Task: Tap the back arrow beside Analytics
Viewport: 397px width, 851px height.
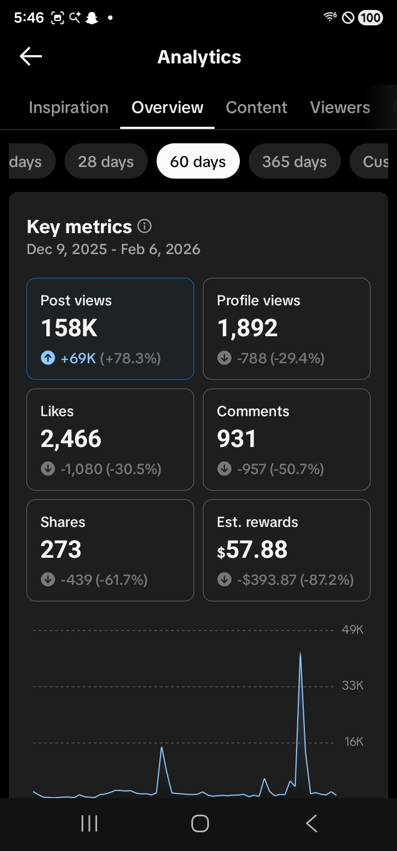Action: (x=30, y=56)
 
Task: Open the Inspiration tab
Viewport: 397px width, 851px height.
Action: (x=69, y=107)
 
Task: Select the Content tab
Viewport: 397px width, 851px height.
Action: (x=256, y=107)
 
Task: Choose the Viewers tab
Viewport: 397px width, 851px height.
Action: (x=340, y=107)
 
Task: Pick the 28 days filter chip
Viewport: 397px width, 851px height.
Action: (x=106, y=161)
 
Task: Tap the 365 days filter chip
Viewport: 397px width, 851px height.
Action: (x=294, y=161)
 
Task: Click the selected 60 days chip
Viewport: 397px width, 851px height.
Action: (x=198, y=161)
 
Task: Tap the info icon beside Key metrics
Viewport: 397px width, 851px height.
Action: (x=144, y=226)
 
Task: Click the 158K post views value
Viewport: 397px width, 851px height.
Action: (x=69, y=327)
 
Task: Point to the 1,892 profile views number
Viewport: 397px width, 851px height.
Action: (x=248, y=328)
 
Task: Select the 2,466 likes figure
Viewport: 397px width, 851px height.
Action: (x=71, y=439)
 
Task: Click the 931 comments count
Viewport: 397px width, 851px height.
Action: (x=237, y=438)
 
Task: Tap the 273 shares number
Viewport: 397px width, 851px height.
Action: (x=61, y=550)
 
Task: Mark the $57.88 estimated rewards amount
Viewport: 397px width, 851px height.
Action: (x=252, y=550)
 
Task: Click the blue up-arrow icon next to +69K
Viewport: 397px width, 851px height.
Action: (x=48, y=358)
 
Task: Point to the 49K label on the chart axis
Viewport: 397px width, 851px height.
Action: (x=352, y=630)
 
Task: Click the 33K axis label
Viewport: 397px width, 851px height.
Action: (x=352, y=685)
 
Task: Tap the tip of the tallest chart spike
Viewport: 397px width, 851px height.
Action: (x=300, y=652)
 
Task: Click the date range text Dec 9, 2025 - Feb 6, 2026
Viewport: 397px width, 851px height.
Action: (x=114, y=249)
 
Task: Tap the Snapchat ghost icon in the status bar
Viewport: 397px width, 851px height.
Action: (x=92, y=18)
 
